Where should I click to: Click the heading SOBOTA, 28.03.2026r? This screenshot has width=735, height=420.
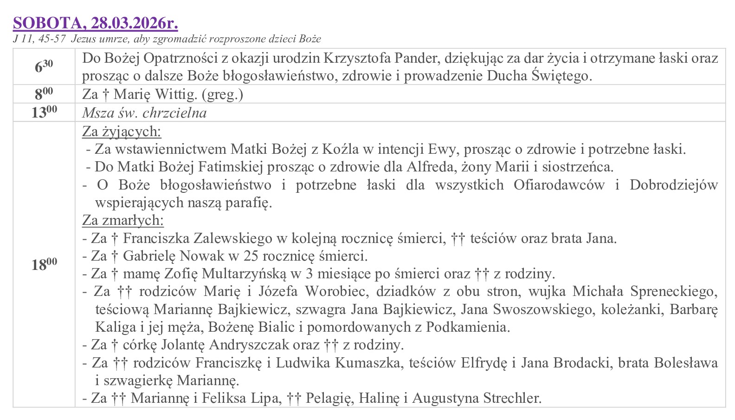(x=95, y=22)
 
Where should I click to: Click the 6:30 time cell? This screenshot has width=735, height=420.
(x=44, y=66)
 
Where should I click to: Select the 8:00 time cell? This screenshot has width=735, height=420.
(x=44, y=94)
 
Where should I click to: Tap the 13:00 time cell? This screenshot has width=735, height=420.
(x=44, y=112)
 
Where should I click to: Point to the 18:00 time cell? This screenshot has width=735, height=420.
(x=44, y=264)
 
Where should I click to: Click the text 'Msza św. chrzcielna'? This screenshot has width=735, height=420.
(x=144, y=113)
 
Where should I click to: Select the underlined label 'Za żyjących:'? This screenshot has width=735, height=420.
(x=122, y=132)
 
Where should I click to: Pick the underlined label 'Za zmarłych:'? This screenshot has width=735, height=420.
(x=123, y=220)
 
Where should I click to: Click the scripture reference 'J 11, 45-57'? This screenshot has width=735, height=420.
(x=39, y=39)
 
